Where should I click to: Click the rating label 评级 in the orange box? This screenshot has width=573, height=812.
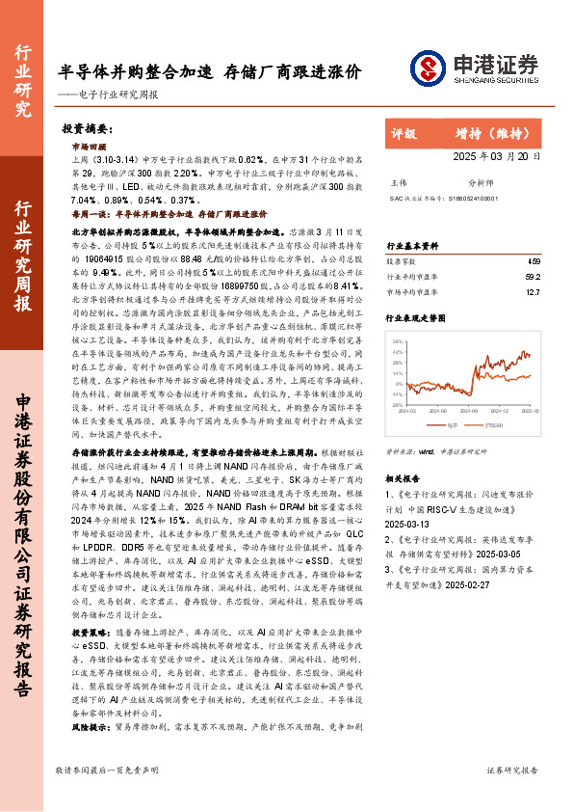coord(404,134)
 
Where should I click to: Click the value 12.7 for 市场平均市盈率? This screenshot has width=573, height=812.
coord(534,292)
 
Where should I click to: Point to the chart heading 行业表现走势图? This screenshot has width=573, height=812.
coord(415,316)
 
